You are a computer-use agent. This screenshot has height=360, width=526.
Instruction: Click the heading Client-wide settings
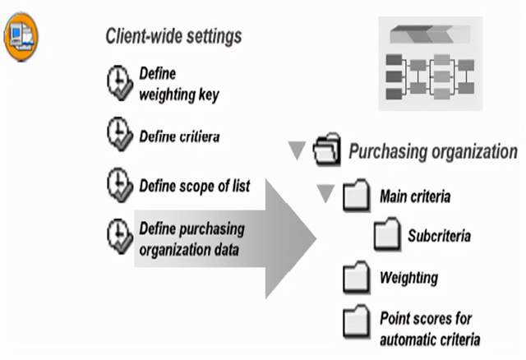tap(173, 36)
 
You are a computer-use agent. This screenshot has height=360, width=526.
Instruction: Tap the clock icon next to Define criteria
tap(120, 133)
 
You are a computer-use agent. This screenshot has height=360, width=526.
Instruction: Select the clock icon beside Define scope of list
tap(120, 184)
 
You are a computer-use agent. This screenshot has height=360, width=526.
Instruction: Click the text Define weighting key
tap(179, 84)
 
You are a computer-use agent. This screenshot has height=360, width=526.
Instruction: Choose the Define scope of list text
tap(194, 186)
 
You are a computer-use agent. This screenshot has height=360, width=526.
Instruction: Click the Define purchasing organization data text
tap(192, 239)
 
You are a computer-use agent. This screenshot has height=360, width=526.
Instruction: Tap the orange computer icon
tap(21, 36)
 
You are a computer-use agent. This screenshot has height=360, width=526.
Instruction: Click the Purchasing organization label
tap(433, 152)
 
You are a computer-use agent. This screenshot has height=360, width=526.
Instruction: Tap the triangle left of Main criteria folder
tap(326, 195)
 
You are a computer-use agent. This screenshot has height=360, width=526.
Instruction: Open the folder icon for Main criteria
tap(356, 197)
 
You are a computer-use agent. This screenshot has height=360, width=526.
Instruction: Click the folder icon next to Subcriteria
tap(386, 236)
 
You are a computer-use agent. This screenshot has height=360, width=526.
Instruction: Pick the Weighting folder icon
tap(356, 278)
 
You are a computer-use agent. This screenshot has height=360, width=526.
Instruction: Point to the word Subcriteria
tap(439, 236)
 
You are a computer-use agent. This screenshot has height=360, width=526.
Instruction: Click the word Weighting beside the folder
tap(408, 277)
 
